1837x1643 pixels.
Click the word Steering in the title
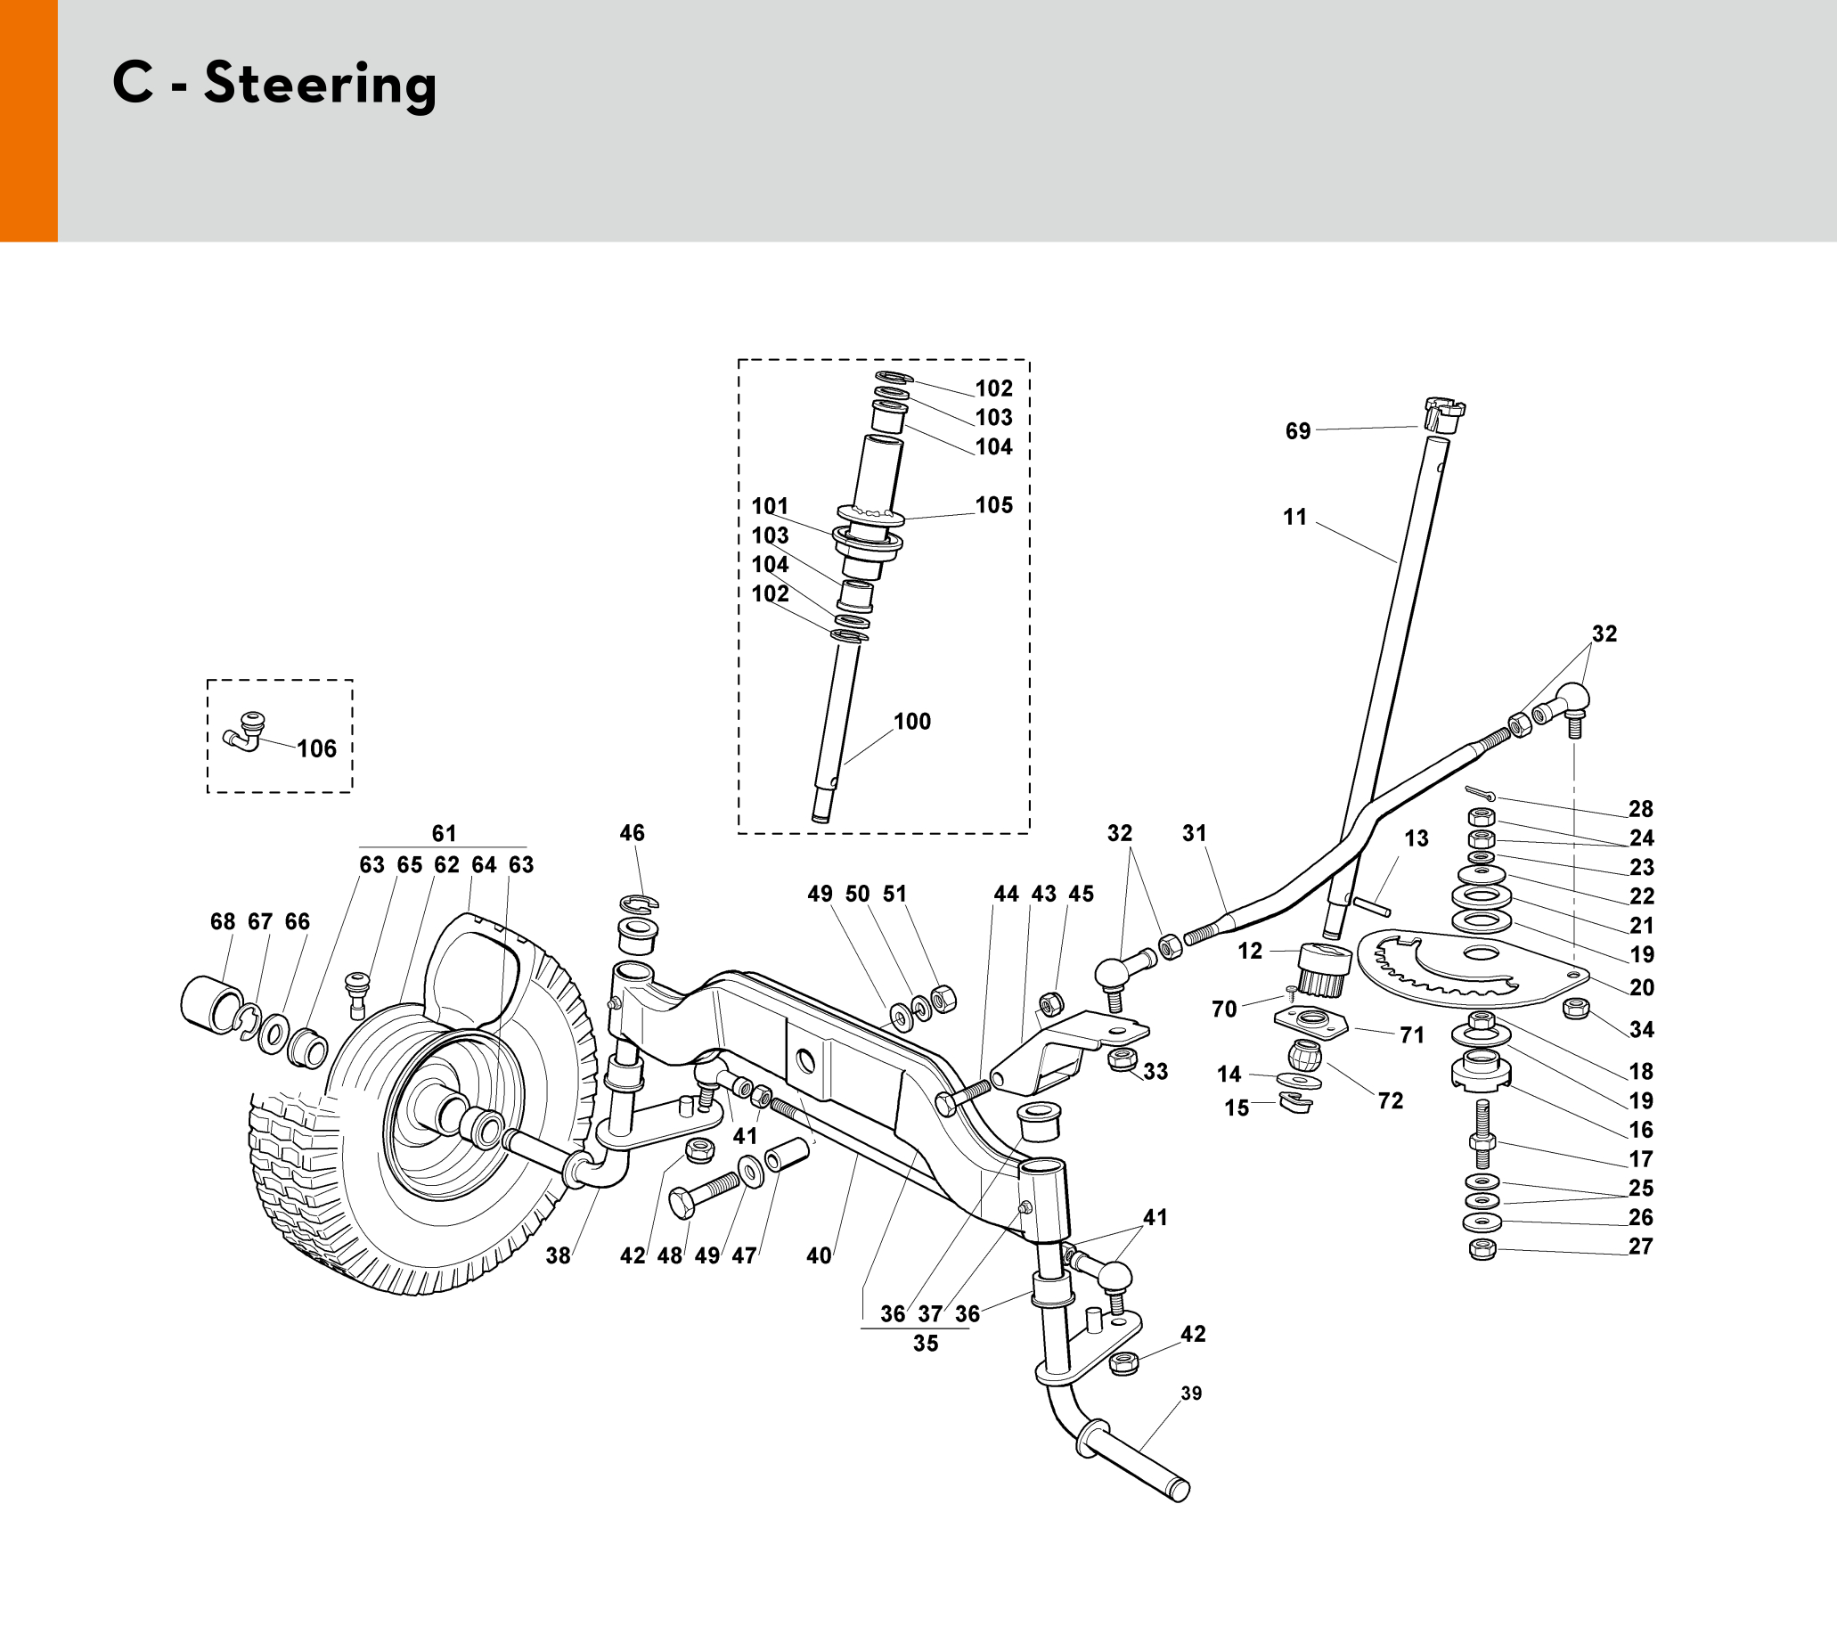(x=320, y=86)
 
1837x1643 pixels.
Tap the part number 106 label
(x=316, y=748)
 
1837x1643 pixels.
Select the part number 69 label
(x=1297, y=431)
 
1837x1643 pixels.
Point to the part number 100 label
(x=911, y=722)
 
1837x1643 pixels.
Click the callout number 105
(x=994, y=505)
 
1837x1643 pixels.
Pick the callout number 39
(x=1192, y=1393)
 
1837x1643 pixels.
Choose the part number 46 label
(x=632, y=833)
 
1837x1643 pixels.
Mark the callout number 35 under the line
(x=926, y=1344)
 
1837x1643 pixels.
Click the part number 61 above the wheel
(x=445, y=833)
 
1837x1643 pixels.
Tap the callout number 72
(x=1390, y=1101)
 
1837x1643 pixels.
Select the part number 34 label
(x=1641, y=1029)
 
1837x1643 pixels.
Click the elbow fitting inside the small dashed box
(x=243, y=729)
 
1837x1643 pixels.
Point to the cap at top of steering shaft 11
(x=1442, y=415)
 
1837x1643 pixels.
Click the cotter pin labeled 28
(x=1481, y=794)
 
